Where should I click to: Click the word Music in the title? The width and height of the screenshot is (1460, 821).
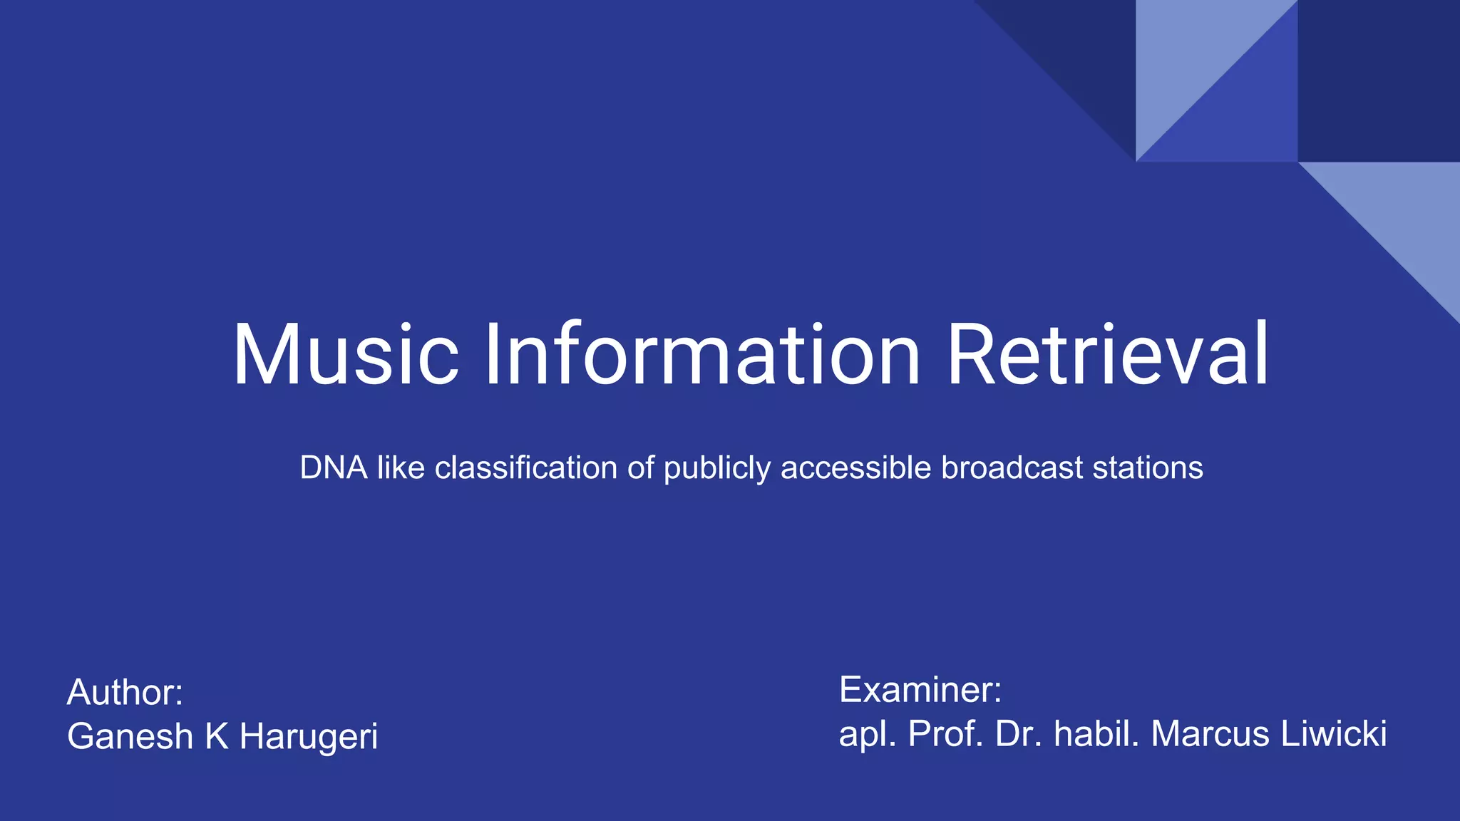point(346,355)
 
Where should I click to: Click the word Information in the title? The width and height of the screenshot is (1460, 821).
point(702,355)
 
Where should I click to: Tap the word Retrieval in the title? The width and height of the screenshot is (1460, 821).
point(1107,355)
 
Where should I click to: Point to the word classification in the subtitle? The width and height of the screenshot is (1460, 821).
point(526,468)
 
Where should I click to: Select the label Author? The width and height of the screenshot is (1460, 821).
point(125,693)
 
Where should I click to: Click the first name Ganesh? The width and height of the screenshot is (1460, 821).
point(130,736)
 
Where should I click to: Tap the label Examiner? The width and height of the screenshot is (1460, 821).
point(920,690)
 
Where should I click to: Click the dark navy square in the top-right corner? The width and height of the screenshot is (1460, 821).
point(1379,80)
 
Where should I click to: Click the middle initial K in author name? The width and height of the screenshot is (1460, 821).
point(217,736)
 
